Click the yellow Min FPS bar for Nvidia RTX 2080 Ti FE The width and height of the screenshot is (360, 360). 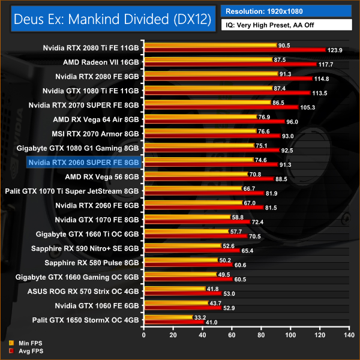coord(209,45)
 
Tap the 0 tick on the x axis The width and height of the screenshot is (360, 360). coord(143,334)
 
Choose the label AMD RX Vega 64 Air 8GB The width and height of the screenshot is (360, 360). coord(96,119)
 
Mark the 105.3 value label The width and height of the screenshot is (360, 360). coord(307,107)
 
